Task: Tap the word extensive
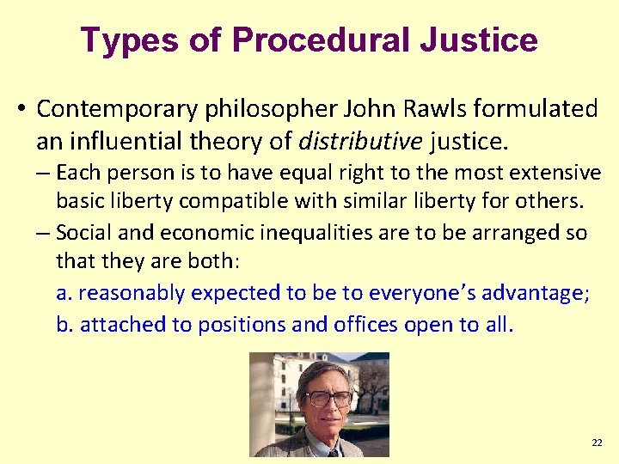559,173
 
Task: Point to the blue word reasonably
132,294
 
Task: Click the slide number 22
597,443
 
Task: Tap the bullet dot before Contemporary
21,110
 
